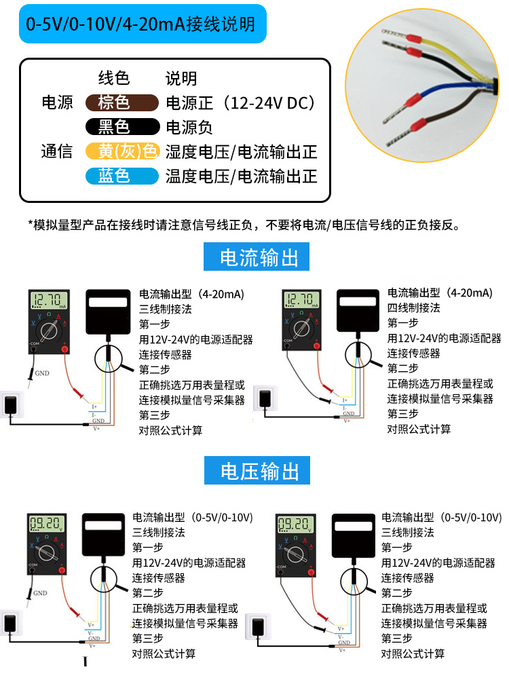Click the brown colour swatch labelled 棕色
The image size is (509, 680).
(x=113, y=103)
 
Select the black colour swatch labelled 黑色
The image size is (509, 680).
(x=113, y=127)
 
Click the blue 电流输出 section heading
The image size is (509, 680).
(x=260, y=258)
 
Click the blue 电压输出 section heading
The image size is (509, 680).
(x=260, y=470)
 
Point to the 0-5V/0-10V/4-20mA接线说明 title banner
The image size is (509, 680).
(x=140, y=24)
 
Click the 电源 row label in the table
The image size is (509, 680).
(x=57, y=103)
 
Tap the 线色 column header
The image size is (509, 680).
(x=113, y=78)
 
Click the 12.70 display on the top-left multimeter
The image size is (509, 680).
(x=50, y=300)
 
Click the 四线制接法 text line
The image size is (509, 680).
(x=414, y=308)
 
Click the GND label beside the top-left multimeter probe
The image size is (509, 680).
(x=42, y=373)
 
